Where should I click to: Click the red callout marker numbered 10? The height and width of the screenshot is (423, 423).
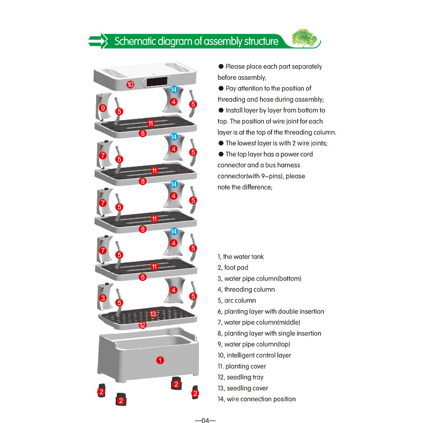pos(130,84)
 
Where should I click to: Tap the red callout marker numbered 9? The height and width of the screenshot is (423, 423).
pos(103,108)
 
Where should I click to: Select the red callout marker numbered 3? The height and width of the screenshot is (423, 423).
pos(103,298)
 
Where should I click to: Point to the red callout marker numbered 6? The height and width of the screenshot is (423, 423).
pos(142,277)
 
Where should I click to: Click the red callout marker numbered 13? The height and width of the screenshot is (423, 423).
pos(153,314)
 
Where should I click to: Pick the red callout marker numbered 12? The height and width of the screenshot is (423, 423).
pos(142,325)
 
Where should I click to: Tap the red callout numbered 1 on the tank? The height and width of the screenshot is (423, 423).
pos(160,360)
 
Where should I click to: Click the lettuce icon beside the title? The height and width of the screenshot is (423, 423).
pos(305,39)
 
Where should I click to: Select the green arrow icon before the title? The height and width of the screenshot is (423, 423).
pos(97,41)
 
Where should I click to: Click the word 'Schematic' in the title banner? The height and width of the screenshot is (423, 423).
pos(136,41)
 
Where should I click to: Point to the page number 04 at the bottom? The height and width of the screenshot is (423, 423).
pos(205,420)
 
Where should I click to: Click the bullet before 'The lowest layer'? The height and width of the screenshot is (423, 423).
pos(221,143)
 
